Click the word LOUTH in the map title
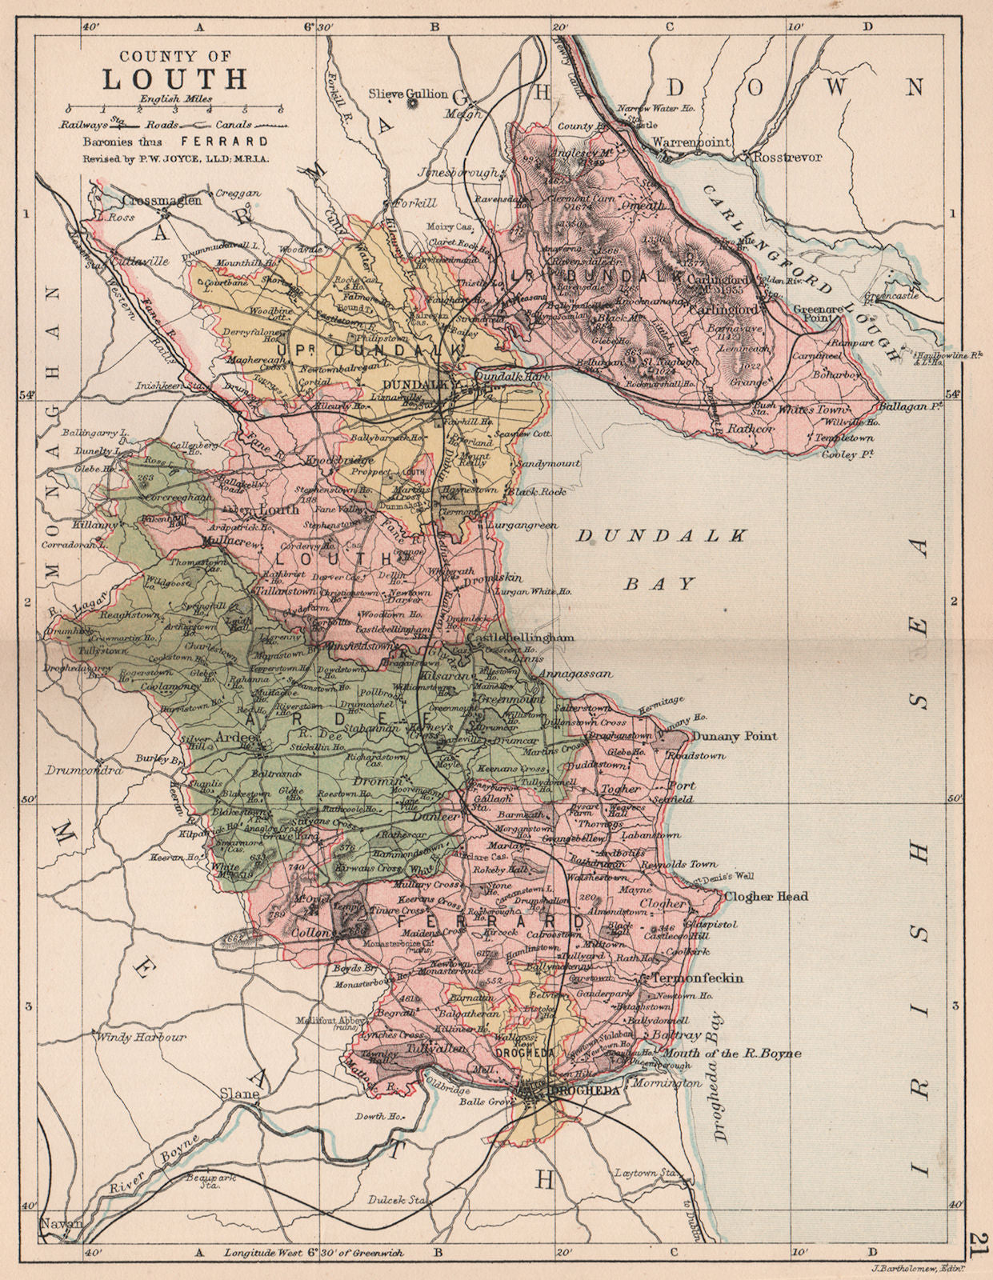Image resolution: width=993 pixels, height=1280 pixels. (174, 80)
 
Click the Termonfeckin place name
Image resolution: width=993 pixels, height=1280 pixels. (698, 978)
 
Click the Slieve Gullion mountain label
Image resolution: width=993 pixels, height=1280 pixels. (408, 94)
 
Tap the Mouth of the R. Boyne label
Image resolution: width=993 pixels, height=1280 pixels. (735, 1054)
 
